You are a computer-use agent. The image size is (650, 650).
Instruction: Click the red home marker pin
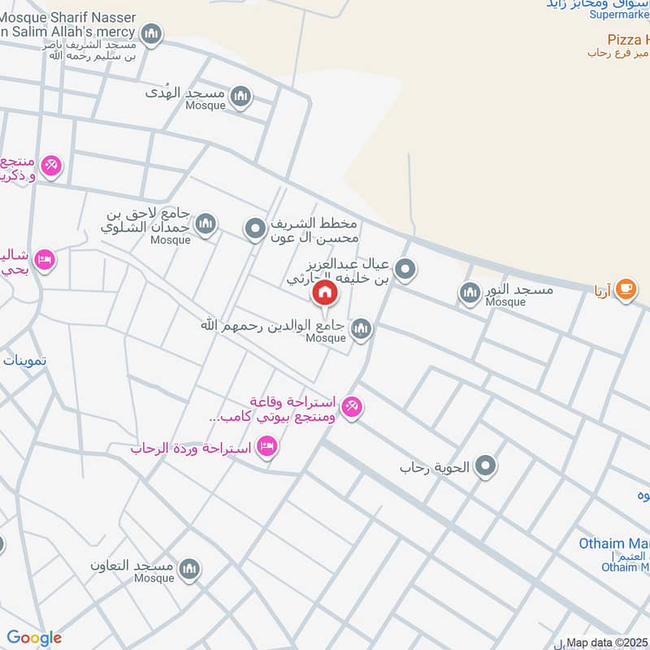[x=325, y=293]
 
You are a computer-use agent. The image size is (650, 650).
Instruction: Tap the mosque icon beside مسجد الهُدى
[x=240, y=98]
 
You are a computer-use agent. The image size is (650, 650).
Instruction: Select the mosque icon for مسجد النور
[x=470, y=293]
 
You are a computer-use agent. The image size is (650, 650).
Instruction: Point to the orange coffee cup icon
[x=625, y=289]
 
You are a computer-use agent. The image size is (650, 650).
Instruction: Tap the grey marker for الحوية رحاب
[x=486, y=466]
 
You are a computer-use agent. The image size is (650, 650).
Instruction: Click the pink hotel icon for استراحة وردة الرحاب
[x=266, y=446]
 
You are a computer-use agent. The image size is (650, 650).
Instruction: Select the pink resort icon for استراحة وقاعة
[x=351, y=406]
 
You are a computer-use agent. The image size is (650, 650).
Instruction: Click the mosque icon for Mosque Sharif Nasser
[x=150, y=34]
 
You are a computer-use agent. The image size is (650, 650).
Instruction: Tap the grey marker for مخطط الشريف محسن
[x=256, y=229]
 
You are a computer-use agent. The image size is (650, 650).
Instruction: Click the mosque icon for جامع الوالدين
[x=362, y=329]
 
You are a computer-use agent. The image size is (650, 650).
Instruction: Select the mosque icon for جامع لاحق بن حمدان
[x=206, y=223]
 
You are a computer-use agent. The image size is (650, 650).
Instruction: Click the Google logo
[x=34, y=638]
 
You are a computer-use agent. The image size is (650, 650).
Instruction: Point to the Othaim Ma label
[x=613, y=544]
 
